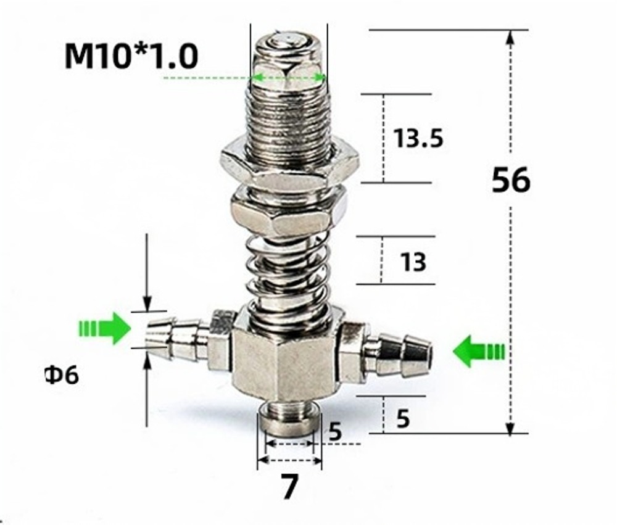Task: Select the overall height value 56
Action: (x=510, y=181)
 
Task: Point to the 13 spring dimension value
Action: (x=413, y=262)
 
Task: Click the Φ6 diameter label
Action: (x=61, y=375)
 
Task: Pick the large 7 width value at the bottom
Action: (x=289, y=487)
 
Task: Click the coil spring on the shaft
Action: (x=285, y=271)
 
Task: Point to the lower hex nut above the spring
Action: (x=288, y=213)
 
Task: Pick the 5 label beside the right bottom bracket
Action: (x=403, y=420)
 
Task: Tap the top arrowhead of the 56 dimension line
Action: (x=510, y=37)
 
